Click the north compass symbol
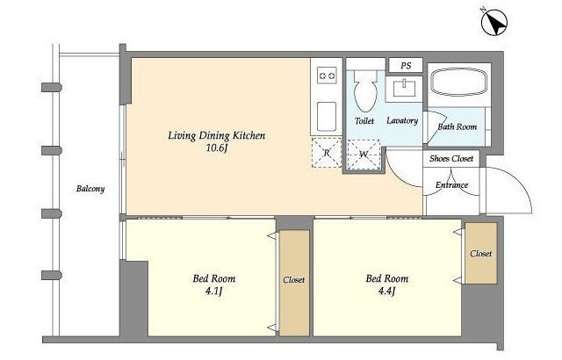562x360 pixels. coord(494,21)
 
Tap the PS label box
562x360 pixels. coord(406,65)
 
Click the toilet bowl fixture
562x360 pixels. coord(365,90)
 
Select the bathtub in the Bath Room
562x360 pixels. coord(458,83)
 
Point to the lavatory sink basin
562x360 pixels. coord(404,88)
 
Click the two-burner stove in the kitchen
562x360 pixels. coord(327,76)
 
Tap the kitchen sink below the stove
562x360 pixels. coord(327,117)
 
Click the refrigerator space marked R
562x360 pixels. coord(327,152)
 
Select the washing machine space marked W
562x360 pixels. coord(364,154)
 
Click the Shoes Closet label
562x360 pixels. coord(450,158)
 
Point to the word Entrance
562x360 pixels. coord(451,185)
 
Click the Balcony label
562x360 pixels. coord(90,189)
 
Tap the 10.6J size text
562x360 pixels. coord(217,148)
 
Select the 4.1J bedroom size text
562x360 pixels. coord(214,292)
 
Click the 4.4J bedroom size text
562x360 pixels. coord(386,292)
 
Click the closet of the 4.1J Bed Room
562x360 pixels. coord(294,283)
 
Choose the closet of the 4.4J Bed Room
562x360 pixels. coord(481,253)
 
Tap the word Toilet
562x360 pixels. coord(364,121)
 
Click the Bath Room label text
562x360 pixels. coord(458,126)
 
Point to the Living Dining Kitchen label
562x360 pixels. coord(217,135)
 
